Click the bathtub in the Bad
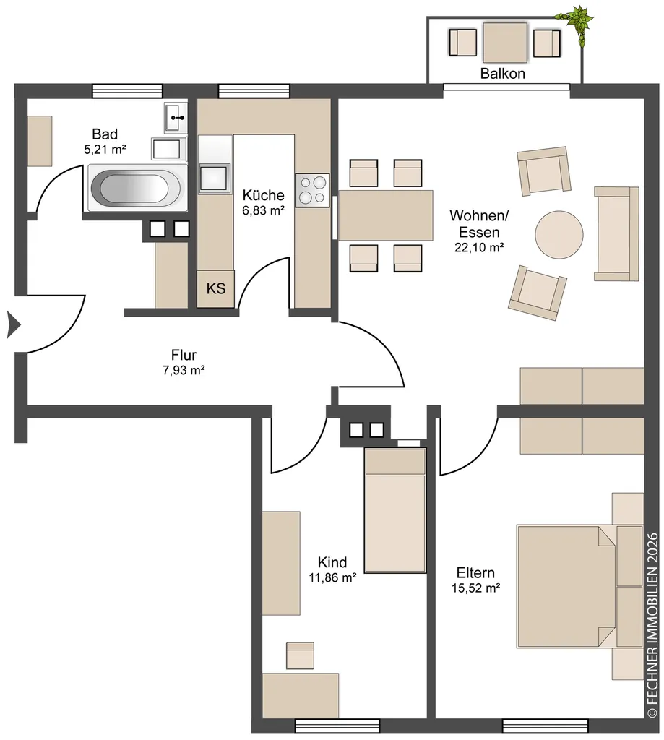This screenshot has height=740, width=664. click(x=137, y=188)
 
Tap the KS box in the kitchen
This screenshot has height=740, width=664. click(x=215, y=288)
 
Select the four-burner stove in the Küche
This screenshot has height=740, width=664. click(x=312, y=190)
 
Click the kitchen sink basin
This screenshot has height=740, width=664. click(x=215, y=178)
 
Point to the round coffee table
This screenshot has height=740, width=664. click(x=559, y=235)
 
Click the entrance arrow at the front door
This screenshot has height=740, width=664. click(x=14, y=325)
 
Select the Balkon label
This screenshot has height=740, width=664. click(x=503, y=74)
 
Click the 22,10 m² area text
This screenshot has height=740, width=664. click(x=479, y=247)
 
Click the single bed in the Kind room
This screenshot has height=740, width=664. click(x=395, y=510)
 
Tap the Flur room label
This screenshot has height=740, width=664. click(x=184, y=355)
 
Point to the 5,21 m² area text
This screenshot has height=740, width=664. click(x=105, y=150)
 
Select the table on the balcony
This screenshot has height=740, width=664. click(x=505, y=43)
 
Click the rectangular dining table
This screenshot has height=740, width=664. click(x=386, y=215)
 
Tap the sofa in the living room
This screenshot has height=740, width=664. click(x=616, y=233)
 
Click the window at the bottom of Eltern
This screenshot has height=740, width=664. click(x=545, y=726)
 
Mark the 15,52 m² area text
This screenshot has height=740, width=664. click(x=475, y=588)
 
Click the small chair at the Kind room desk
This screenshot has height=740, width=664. click(x=300, y=655)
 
